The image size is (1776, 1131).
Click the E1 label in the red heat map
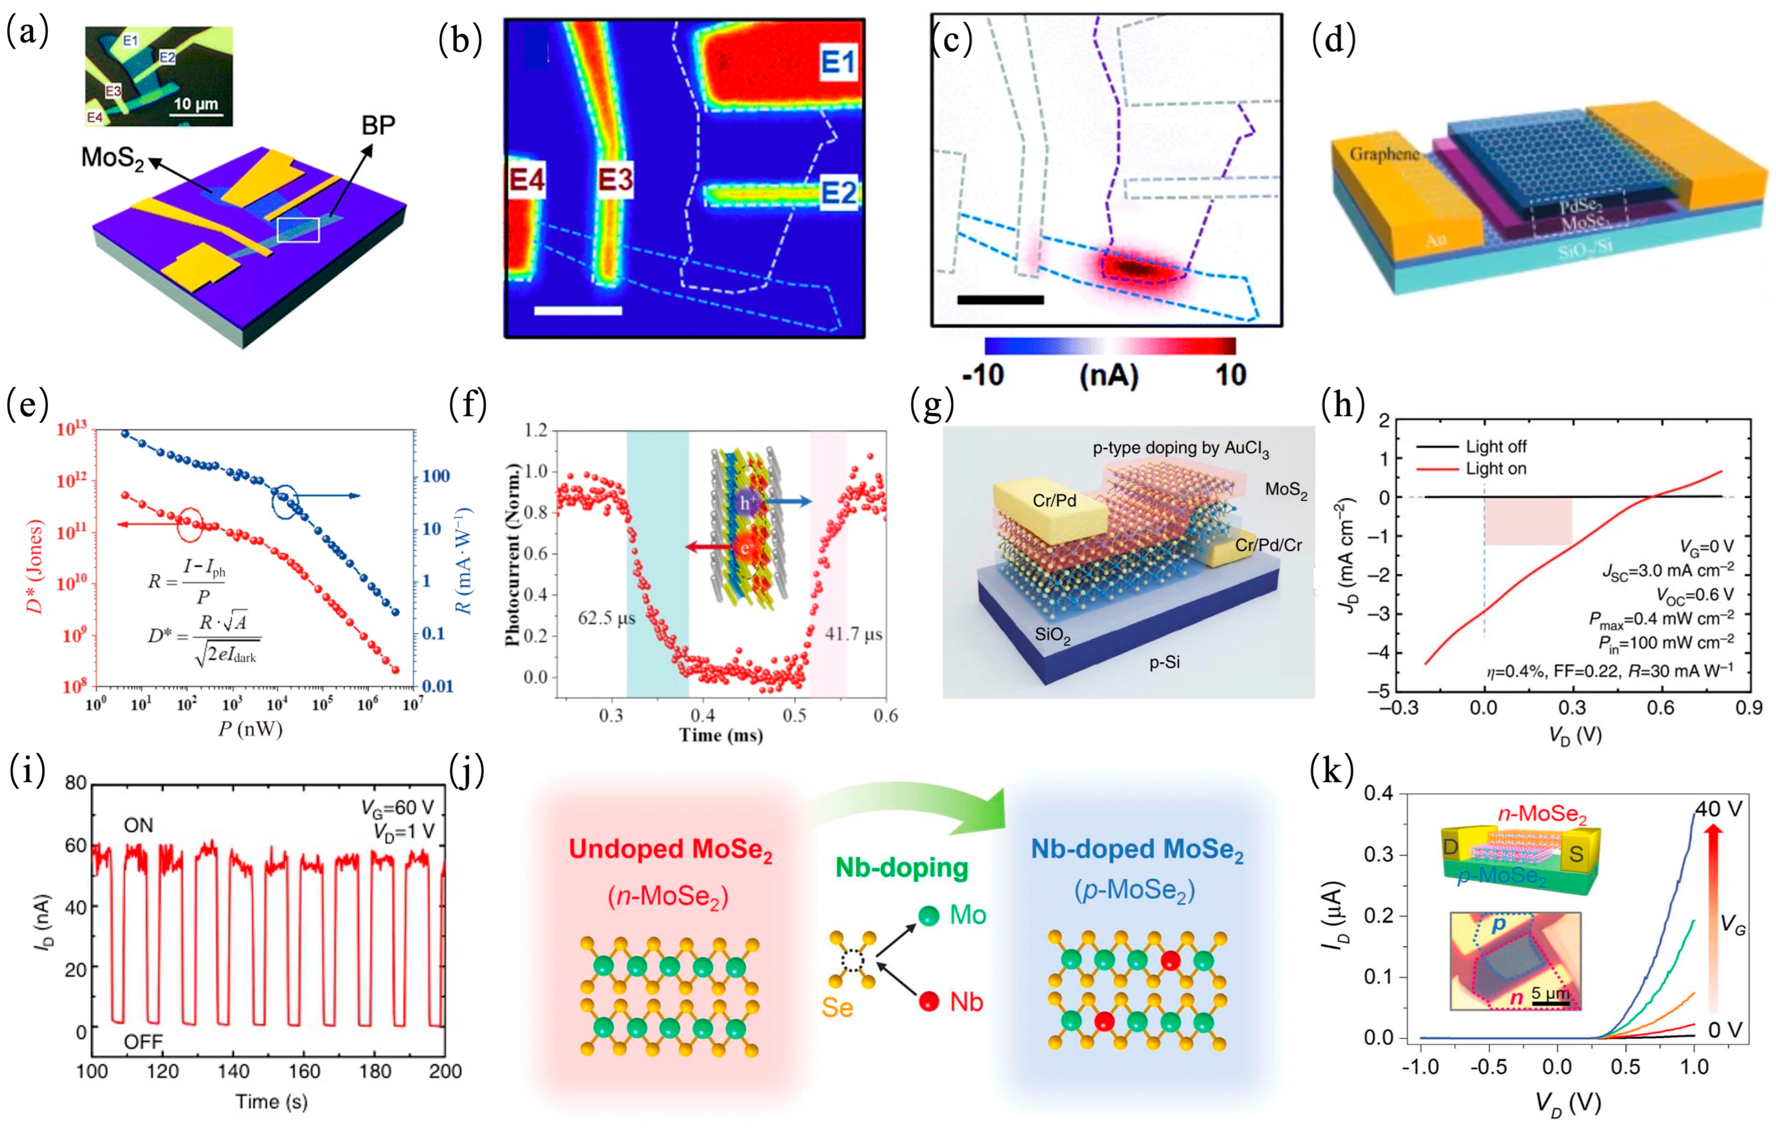pos(838,62)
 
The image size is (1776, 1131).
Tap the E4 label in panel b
pos(526,179)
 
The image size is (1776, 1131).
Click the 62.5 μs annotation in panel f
pos(606,617)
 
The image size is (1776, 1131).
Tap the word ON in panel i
pos(139,824)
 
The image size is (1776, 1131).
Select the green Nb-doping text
pos(901,868)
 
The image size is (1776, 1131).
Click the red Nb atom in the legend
pos(929,1001)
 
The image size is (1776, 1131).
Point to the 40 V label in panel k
pos(1718,808)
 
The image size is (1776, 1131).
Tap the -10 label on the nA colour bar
pos(983,375)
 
